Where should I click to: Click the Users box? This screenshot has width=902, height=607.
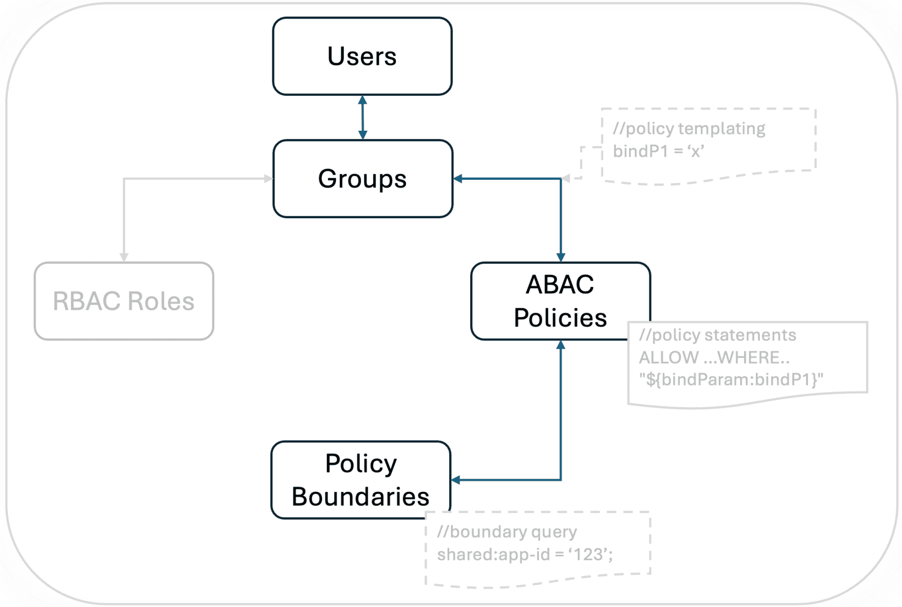tap(362, 56)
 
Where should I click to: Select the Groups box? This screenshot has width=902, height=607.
tap(362, 179)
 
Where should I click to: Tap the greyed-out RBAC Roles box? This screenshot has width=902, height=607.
tap(123, 301)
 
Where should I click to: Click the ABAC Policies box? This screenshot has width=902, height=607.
tap(560, 300)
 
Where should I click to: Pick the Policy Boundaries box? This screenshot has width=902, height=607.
tap(361, 480)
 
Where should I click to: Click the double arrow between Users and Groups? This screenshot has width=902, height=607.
tap(362, 117)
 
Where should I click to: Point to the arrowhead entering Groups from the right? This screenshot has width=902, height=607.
tap(458, 179)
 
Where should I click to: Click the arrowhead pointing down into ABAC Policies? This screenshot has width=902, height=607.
tap(560, 258)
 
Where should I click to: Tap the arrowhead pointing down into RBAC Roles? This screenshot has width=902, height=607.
tap(124, 258)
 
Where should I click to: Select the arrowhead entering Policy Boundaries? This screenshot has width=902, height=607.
tap(456, 480)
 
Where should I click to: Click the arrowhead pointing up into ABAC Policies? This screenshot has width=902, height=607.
tap(560, 345)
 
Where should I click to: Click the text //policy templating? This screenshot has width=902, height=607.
tap(689, 129)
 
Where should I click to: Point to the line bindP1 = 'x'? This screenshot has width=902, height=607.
tap(658, 151)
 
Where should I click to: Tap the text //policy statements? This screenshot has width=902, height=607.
tap(717, 335)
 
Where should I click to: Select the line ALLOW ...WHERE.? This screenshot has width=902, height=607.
tap(714, 357)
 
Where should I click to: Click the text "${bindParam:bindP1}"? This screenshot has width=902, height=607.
tap(731, 379)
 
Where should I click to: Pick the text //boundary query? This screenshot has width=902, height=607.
tap(507, 531)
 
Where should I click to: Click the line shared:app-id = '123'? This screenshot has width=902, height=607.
tap(525, 555)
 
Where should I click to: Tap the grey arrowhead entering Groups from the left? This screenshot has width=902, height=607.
tap(269, 179)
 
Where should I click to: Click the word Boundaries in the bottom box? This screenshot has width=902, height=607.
tap(361, 497)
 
